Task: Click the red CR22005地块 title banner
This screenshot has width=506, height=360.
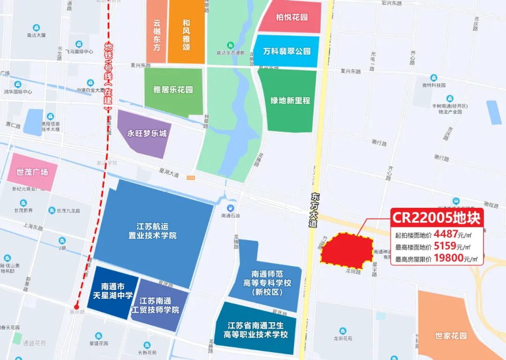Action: click(x=437, y=218)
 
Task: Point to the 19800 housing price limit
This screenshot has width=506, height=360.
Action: click(x=448, y=258)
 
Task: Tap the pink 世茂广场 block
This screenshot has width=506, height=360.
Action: click(x=32, y=172)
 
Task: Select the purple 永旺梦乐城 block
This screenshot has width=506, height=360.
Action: click(x=146, y=133)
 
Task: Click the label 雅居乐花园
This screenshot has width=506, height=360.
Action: click(x=173, y=89)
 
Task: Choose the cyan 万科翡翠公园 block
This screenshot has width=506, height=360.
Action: click(x=286, y=51)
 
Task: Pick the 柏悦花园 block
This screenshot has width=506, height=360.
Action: click(x=291, y=17)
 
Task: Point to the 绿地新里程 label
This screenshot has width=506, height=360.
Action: click(x=290, y=100)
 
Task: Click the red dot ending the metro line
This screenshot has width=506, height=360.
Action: click(x=76, y=308)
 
